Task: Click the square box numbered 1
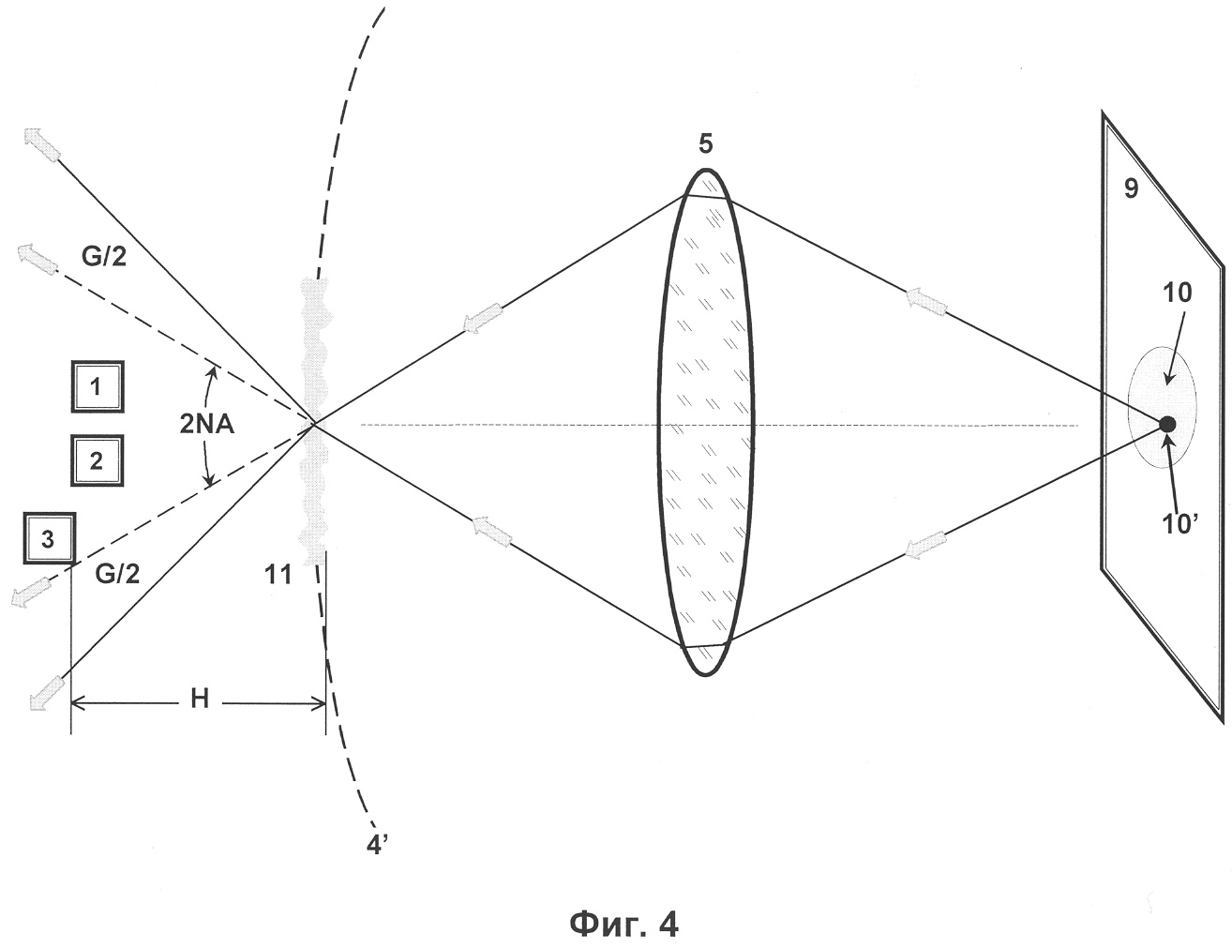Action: tap(97, 386)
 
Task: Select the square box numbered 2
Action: tap(97, 460)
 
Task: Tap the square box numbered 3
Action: tap(50, 538)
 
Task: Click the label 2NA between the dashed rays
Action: tap(207, 425)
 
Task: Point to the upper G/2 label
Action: tap(104, 256)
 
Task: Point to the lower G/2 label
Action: tap(117, 575)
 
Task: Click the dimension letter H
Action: tap(200, 700)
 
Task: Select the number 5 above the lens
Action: tap(705, 144)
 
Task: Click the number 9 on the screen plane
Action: tap(1131, 188)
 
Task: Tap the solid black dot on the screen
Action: tap(1167, 424)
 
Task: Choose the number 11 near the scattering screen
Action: tap(278, 575)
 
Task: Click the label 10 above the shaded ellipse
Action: tap(1177, 293)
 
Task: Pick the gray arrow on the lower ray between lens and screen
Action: tap(925, 545)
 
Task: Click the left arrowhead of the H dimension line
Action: tap(78, 704)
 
